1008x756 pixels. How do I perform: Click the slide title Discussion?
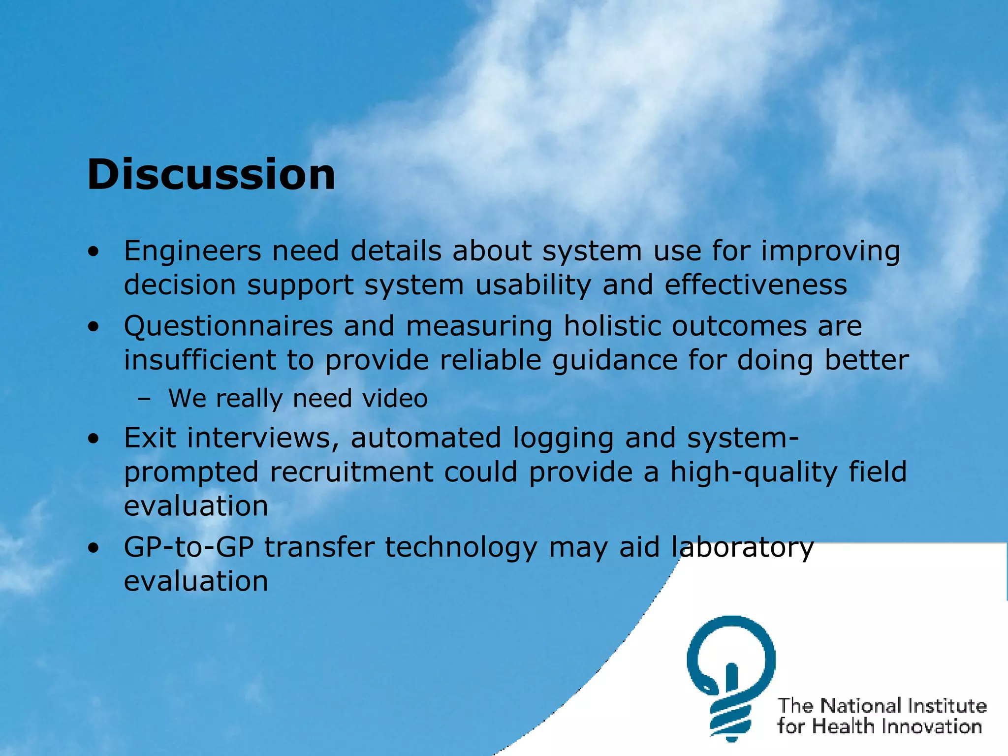click(x=211, y=175)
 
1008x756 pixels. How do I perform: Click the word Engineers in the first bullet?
click(x=192, y=251)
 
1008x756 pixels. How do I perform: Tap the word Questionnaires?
click(x=228, y=326)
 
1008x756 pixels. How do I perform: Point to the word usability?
click(x=533, y=285)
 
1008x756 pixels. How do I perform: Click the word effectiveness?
click(x=756, y=285)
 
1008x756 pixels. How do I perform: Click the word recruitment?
click(x=351, y=472)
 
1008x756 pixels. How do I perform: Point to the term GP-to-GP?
click(x=189, y=547)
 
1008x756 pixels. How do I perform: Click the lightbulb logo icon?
click(x=731, y=677)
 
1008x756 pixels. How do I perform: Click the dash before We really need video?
click(x=144, y=399)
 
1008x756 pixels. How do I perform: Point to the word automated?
click(x=426, y=438)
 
